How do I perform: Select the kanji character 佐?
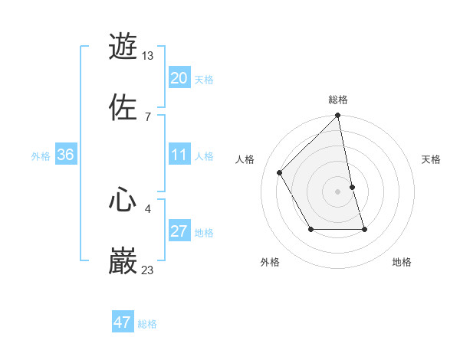pyautogui.click(x=123, y=107)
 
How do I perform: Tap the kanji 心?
pyautogui.click(x=123, y=200)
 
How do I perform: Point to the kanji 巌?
pyautogui.click(x=123, y=261)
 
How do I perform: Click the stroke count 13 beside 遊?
pyautogui.click(x=148, y=55)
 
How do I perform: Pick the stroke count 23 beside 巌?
pyautogui.click(x=148, y=270)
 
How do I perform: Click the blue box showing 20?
pyautogui.click(x=179, y=77)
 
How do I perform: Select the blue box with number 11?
pyautogui.click(x=179, y=155)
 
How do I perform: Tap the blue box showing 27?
pyautogui.click(x=179, y=231)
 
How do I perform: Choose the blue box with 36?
pyautogui.click(x=65, y=155)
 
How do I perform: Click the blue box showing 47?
pyautogui.click(x=123, y=322)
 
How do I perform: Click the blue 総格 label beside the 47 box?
pyautogui.click(x=147, y=324)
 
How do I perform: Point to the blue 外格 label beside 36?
pyautogui.click(x=41, y=155)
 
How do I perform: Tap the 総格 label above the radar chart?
pyautogui.click(x=338, y=100)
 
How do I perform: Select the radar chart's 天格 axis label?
pyautogui.click(x=432, y=159)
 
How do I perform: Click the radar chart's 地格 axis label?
pyautogui.click(x=402, y=263)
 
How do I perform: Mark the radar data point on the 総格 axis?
pyautogui.click(x=338, y=116)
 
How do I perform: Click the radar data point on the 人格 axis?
pyautogui.click(x=280, y=172)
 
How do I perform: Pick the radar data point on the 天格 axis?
pyautogui.click(x=352, y=187)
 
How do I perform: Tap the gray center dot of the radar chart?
pyautogui.click(x=338, y=191)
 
